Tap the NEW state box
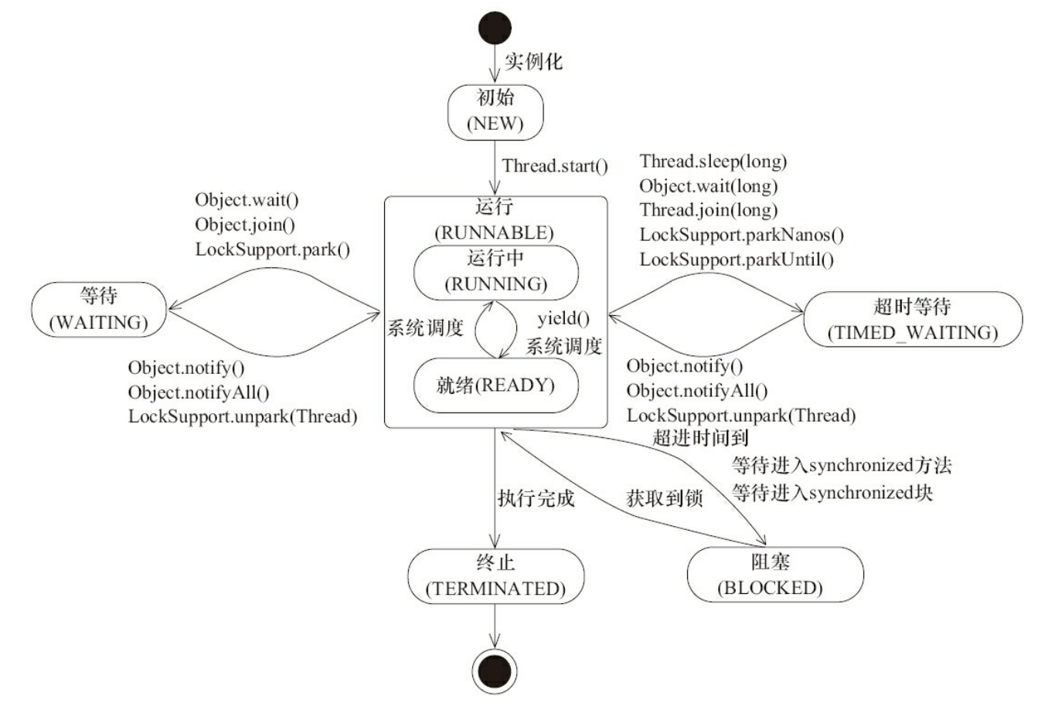tap(495, 111)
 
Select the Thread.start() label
tap(555, 166)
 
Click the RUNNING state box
tap(495, 272)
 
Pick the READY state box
tap(495, 385)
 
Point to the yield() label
tap(563, 319)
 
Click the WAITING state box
tap(99, 309)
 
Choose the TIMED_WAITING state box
tap(913, 319)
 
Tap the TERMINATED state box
tap(495, 576)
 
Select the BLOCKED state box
tap(774, 575)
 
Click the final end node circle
tap(495, 670)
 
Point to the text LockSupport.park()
tap(272, 249)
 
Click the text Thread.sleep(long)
tap(713, 161)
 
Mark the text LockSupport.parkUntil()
tap(737, 260)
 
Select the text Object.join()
tap(245, 225)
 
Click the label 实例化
tap(534, 61)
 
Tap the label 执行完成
tap(536, 498)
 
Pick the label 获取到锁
tap(664, 498)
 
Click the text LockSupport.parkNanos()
tap(741, 235)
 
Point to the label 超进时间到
tap(700, 438)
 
